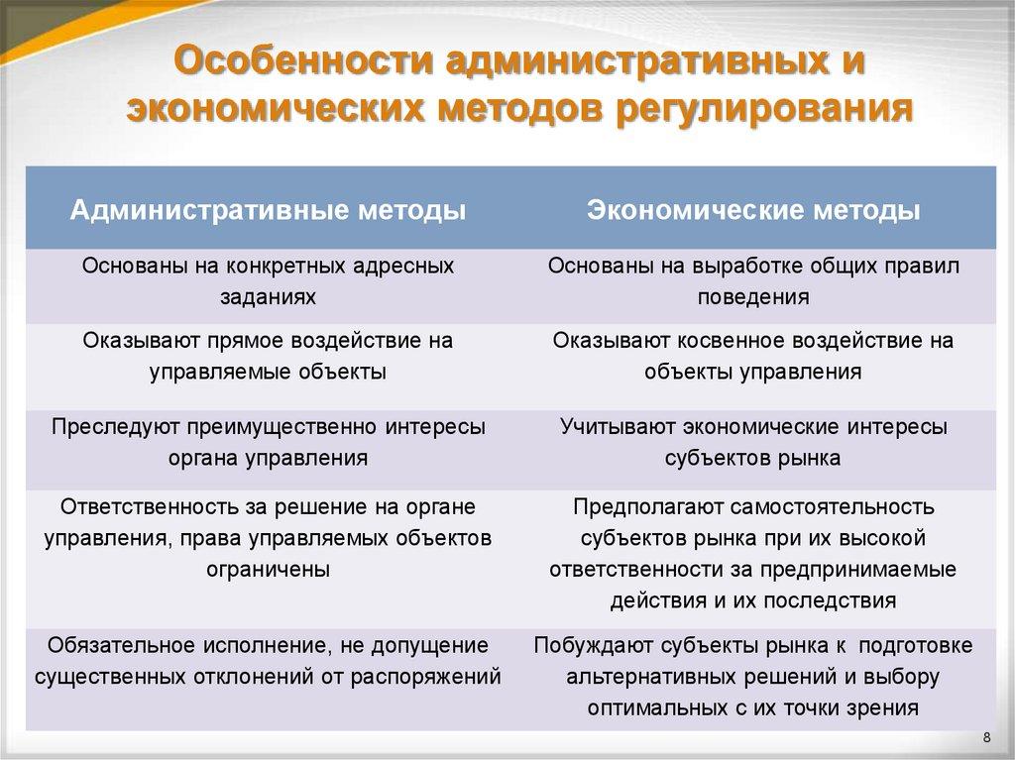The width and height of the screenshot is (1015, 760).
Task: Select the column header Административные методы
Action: click(267, 210)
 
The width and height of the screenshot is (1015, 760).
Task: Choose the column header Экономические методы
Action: click(753, 210)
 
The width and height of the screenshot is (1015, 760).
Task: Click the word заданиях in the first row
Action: click(268, 296)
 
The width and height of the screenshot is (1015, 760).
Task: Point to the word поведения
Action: click(752, 296)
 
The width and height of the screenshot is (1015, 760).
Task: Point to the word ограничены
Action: click(268, 569)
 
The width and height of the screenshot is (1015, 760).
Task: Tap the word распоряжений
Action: click(432, 678)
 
